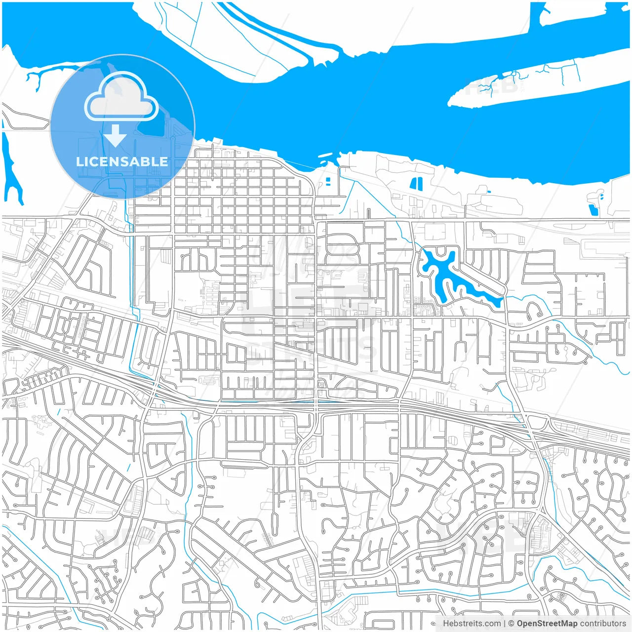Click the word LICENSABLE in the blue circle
click(x=122, y=161)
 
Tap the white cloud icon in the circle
click(x=121, y=97)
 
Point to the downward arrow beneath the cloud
click(x=116, y=136)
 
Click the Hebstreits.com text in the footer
click(x=472, y=624)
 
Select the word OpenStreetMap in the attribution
click(x=547, y=624)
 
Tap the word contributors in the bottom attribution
click(x=603, y=624)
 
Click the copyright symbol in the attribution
click(x=511, y=624)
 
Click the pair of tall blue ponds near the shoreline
click(x=416, y=184)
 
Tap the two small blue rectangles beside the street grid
click(x=327, y=181)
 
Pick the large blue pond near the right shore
click(x=593, y=210)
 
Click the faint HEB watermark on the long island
click(x=486, y=86)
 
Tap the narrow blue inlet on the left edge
click(x=11, y=168)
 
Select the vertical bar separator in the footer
click(x=504, y=624)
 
